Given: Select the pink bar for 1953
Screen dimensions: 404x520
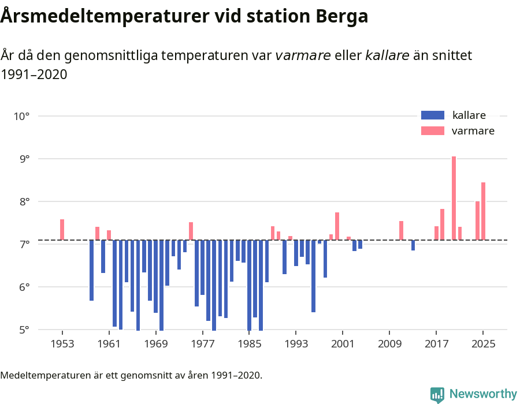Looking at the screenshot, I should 62,230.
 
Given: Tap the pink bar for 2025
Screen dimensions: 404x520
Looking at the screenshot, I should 483,211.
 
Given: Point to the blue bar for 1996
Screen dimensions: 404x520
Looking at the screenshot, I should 313,276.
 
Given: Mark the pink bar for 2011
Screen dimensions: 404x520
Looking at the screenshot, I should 401,230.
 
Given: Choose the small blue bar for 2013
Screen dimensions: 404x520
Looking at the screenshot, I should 413,245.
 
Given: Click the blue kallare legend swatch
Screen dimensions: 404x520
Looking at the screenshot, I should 433,115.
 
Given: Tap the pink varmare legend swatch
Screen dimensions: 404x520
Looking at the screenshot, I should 433,131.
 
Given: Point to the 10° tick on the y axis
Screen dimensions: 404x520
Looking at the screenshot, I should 21,116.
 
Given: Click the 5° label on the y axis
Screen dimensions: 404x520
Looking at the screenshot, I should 24,330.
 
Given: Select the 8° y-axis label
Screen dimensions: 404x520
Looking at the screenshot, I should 24,202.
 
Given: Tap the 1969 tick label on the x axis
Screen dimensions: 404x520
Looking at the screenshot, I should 155,345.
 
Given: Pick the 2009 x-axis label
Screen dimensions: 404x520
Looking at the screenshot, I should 389,345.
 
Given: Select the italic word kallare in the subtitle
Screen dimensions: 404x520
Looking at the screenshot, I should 387,55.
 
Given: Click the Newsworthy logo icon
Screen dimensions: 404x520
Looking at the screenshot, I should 437,394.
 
